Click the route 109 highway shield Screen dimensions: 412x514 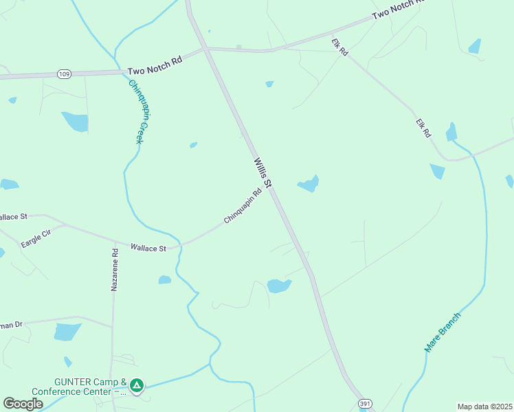(x=64, y=73)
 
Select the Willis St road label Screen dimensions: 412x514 (x=263, y=173)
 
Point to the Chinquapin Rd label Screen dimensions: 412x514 (x=243, y=206)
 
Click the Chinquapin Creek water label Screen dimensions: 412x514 (x=137, y=111)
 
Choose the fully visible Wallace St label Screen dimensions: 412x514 (x=148, y=247)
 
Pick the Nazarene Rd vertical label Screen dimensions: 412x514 (x=115, y=270)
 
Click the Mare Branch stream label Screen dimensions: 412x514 (x=443, y=332)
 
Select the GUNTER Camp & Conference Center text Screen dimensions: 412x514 (x=91, y=387)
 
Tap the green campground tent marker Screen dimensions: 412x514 (x=137, y=386)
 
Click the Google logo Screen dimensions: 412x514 (x=23, y=404)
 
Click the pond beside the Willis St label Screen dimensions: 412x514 (x=309, y=184)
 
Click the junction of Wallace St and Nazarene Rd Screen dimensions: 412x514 (x=114, y=241)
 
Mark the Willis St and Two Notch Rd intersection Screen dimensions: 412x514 (x=206, y=49)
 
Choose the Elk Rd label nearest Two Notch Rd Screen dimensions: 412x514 (x=340, y=47)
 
